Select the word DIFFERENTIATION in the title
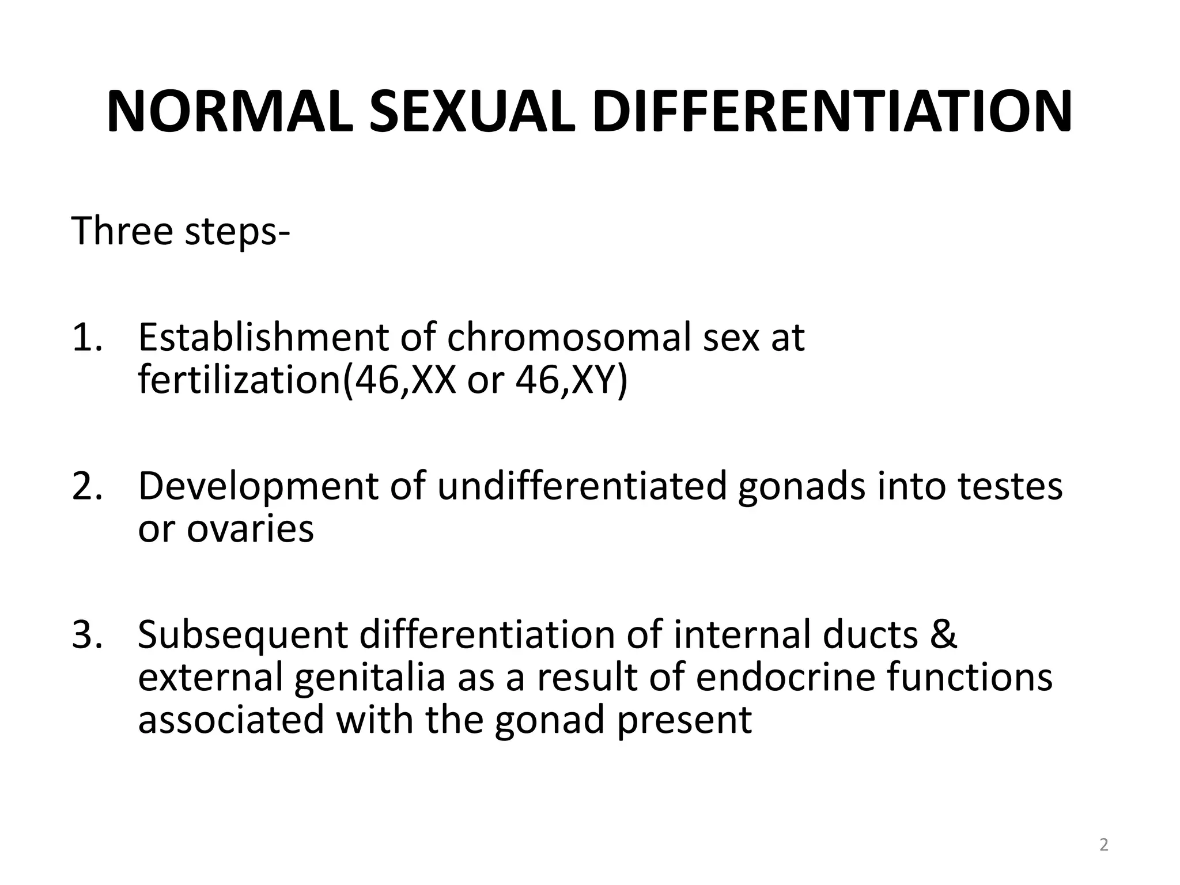[x=832, y=112]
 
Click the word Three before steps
[x=122, y=230]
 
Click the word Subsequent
[x=243, y=635]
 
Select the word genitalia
[x=369, y=679]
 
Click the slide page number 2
[x=1103, y=845]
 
